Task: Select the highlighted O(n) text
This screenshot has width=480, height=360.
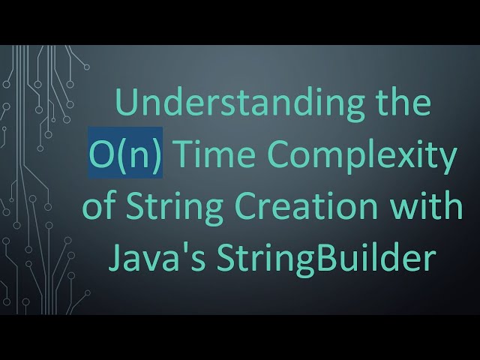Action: click(x=125, y=156)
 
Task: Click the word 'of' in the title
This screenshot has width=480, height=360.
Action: click(x=97, y=207)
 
